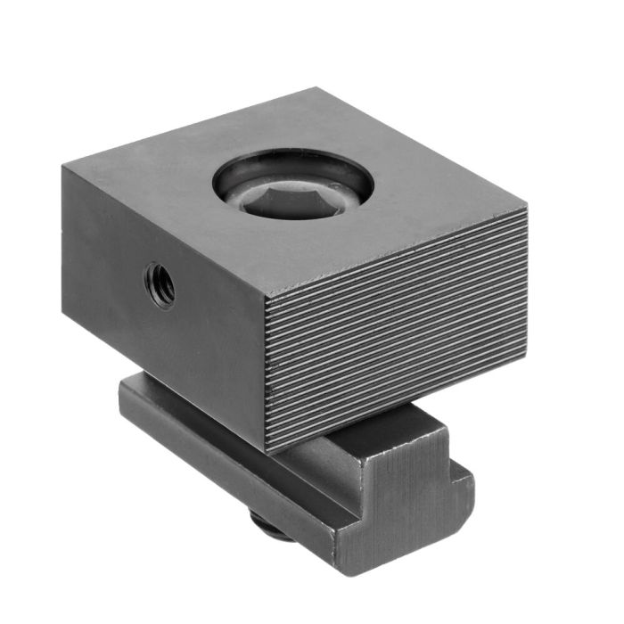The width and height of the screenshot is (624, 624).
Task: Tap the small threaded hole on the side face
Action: click(161, 283)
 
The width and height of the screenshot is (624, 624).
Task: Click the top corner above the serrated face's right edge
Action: click(527, 208)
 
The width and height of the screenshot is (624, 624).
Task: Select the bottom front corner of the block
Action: click(267, 451)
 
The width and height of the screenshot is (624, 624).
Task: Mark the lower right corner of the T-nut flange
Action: click(464, 521)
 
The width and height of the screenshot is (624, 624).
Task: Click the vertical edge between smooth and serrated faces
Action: click(267, 374)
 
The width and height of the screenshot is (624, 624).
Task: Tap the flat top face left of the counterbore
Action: click(152, 178)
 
